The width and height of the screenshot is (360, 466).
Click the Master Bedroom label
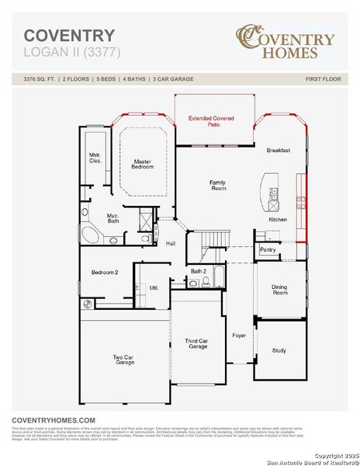tap(141, 164)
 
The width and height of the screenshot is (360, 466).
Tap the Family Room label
tap(218, 186)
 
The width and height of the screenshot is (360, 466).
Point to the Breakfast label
tap(279, 150)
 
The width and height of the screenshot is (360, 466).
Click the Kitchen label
tap(278, 220)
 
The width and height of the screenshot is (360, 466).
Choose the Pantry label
tap(268, 250)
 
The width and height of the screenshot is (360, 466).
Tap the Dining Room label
tap(279, 290)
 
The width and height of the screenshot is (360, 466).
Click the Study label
tap(279, 350)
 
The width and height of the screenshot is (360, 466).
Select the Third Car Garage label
tap(196, 344)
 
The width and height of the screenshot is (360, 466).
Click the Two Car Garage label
tap(125, 360)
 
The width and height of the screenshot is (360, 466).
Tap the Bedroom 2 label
tap(105, 273)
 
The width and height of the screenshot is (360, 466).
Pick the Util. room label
tap(154, 287)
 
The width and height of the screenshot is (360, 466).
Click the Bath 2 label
tap(198, 271)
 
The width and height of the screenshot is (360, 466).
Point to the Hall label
tap(171, 243)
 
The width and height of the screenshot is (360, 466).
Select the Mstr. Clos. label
tap(95, 158)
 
